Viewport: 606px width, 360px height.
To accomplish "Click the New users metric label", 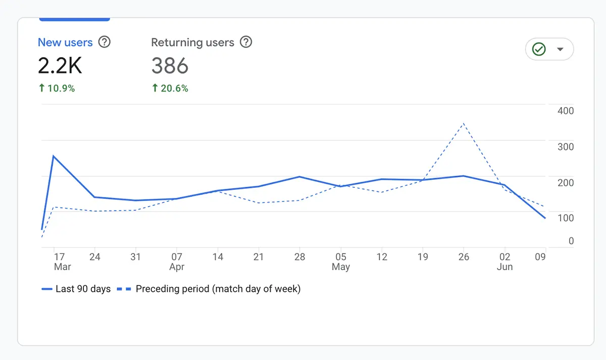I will coord(65,42).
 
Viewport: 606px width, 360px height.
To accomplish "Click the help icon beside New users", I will coord(104,42).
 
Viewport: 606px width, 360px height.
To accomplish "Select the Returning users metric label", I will coord(192,42).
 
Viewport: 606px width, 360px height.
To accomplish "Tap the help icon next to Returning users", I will coord(245,42).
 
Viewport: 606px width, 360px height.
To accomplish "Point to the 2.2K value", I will coord(60,66).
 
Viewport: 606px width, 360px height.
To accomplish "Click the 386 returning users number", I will coord(170,66).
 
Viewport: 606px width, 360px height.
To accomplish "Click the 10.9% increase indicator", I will coord(57,88).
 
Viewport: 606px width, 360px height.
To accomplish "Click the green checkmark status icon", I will coord(539,49).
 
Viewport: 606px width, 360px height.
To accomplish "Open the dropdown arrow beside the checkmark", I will coord(560,49).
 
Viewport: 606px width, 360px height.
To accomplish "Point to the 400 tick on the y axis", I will coord(565,111).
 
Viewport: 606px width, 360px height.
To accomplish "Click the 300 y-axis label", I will coord(565,146).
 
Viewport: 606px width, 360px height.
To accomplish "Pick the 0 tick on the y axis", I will coord(571,241).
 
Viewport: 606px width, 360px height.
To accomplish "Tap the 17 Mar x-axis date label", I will coord(60,262).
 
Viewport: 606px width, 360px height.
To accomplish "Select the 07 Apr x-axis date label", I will coord(177,262).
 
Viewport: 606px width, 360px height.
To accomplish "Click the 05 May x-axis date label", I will coord(341,262).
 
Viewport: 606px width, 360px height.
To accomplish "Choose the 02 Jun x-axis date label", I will coord(504,262).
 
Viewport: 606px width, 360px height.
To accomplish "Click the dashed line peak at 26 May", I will coord(464,123).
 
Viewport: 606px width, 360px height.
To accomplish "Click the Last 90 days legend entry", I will coord(76,289).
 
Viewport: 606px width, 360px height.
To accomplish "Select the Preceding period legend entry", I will coord(209,289).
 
